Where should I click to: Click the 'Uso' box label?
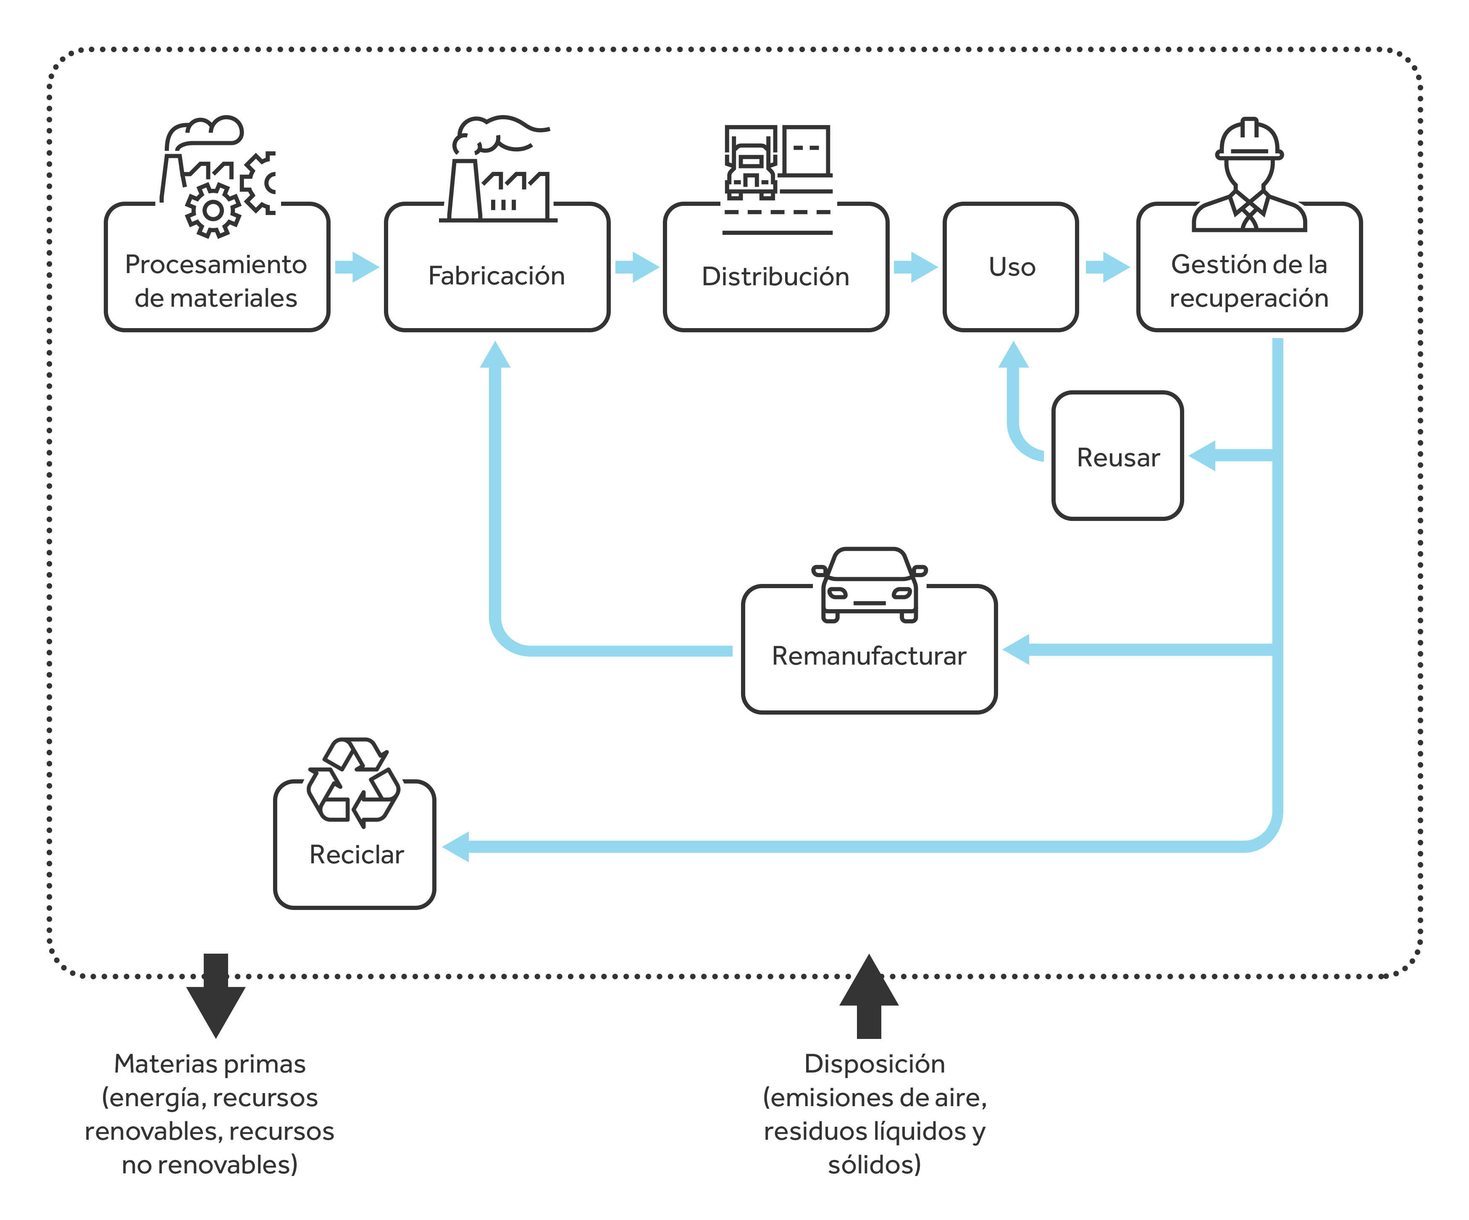(1012, 266)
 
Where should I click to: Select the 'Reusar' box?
(1117, 455)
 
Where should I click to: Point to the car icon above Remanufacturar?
(870, 585)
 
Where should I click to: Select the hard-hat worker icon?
(1249, 174)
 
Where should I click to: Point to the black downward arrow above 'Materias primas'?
(216, 995)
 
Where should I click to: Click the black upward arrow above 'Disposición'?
(869, 995)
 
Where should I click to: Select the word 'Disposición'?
(875, 1064)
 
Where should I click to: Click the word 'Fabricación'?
(497, 276)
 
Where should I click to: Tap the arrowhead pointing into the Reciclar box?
(456, 847)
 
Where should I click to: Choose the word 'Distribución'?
(776, 276)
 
